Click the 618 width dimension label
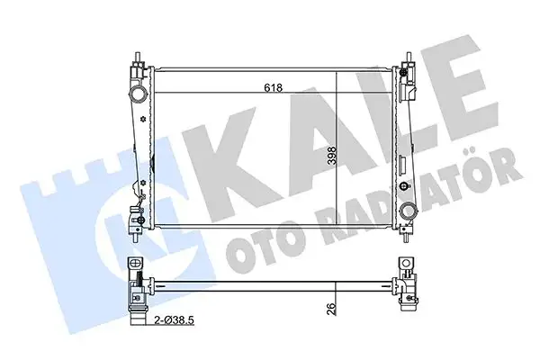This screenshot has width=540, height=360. [x=273, y=88]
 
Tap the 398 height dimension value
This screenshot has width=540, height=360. [x=331, y=156]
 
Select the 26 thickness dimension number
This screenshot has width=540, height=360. [x=330, y=309]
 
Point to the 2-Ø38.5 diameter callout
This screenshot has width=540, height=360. [x=175, y=320]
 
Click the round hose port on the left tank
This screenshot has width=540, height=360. [x=138, y=94]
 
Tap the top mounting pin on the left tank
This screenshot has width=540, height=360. [x=138, y=58]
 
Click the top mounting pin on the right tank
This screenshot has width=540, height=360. [x=409, y=58]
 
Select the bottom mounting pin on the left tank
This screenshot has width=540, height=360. [x=135, y=238]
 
